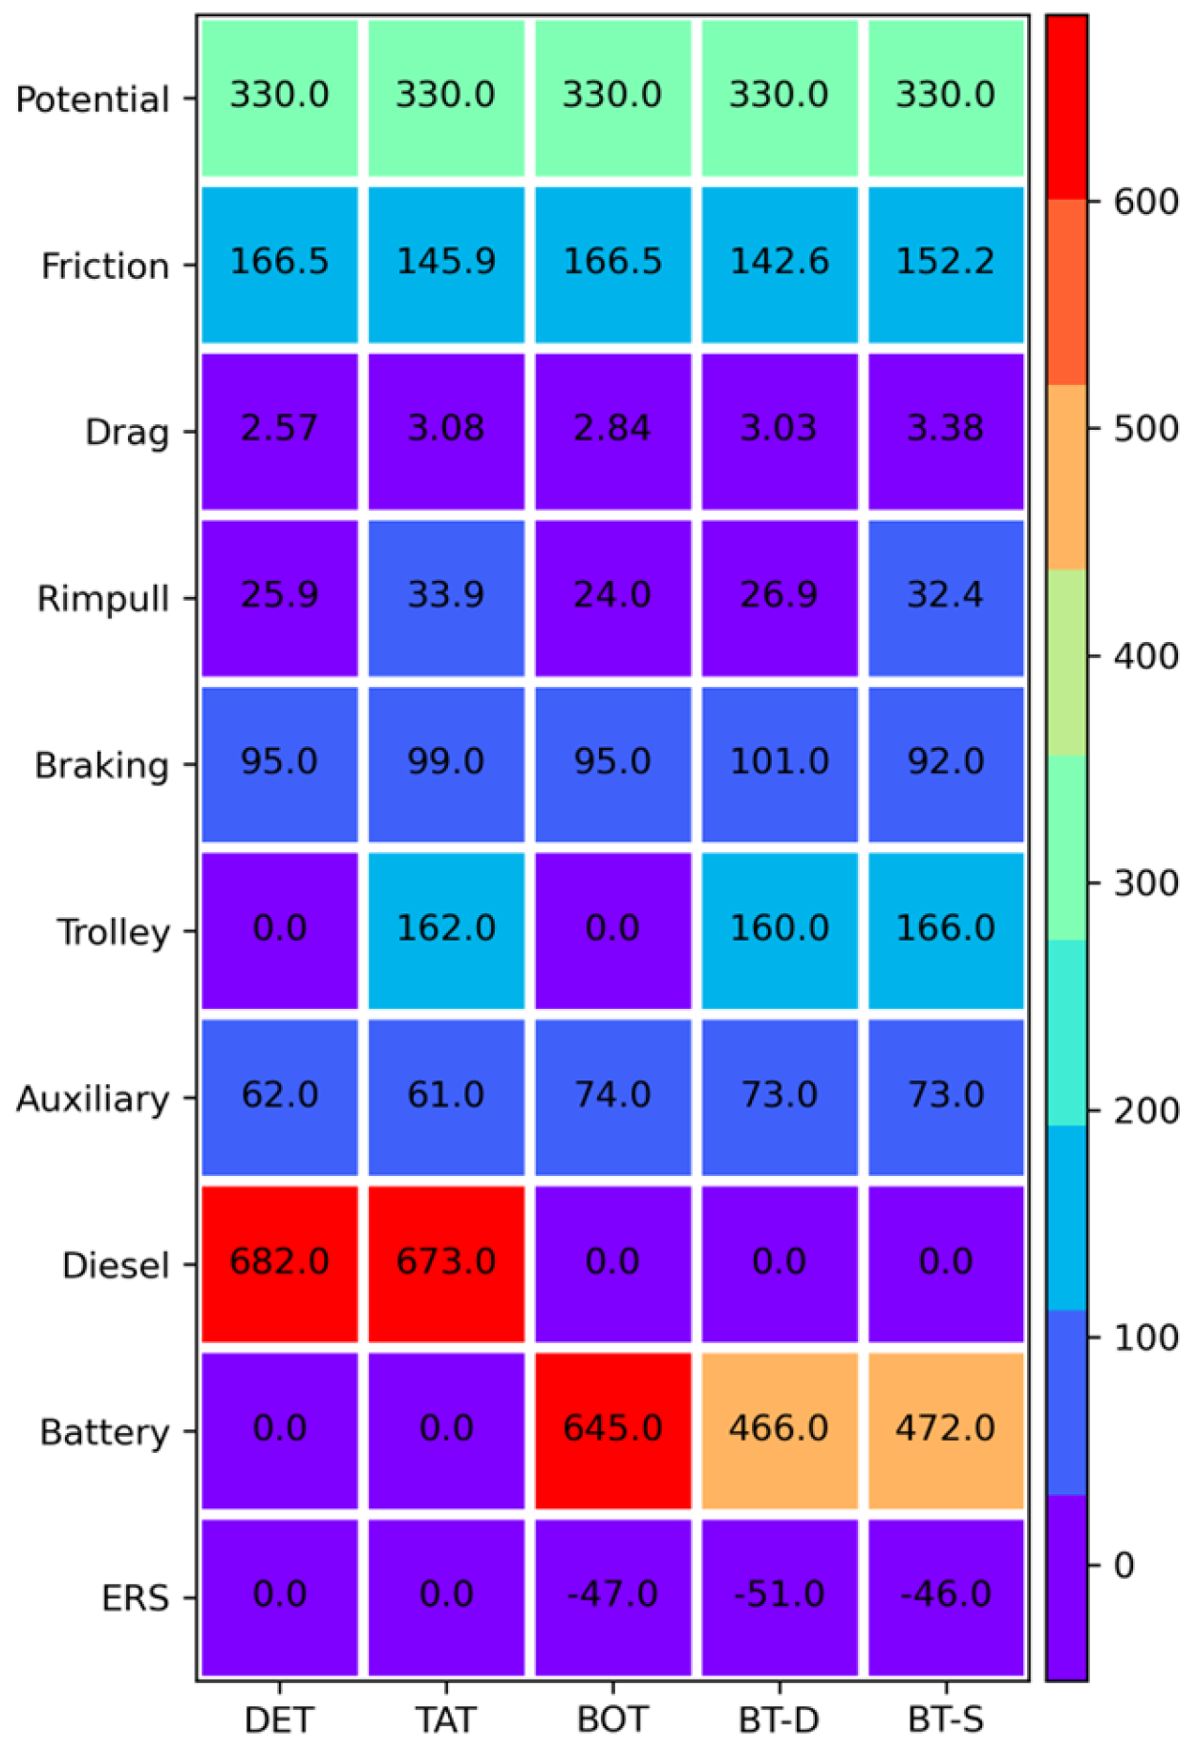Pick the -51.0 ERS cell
[x=779, y=1594]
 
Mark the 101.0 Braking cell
[x=779, y=762]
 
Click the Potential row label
[x=93, y=99]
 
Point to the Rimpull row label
[x=103, y=599]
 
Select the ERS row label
[x=136, y=1598]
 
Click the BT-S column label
[x=945, y=1720]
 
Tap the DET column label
[x=279, y=1720]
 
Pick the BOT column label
[x=612, y=1720]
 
